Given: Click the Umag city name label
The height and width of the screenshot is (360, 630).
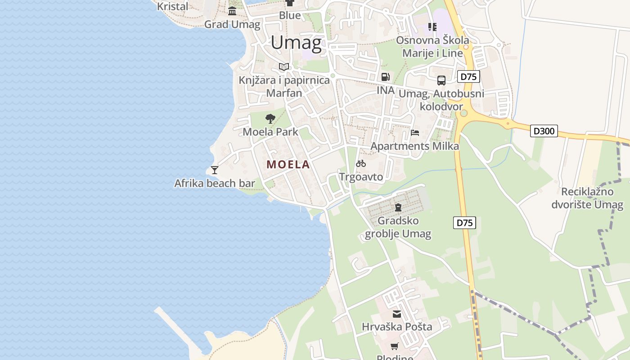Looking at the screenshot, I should click(x=296, y=43).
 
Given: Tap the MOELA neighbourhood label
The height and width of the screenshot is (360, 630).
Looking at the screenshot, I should click(x=288, y=164).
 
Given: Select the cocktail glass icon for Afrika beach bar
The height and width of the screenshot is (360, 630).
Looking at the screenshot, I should click(x=215, y=170).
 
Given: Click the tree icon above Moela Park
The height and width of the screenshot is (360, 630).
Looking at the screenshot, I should click(x=270, y=119).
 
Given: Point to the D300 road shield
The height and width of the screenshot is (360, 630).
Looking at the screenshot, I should click(x=544, y=131).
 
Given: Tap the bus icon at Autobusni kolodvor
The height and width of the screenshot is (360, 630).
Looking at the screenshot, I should click(x=441, y=81).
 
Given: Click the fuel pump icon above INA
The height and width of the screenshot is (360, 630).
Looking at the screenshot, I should click(x=385, y=77).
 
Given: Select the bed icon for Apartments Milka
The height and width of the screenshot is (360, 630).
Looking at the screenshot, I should click(x=414, y=133).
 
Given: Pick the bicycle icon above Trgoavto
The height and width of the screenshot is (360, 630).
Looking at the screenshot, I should click(x=361, y=163).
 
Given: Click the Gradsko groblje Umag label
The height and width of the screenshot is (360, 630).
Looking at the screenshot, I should click(x=398, y=227).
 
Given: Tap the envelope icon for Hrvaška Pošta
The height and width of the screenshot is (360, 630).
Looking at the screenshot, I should click(x=397, y=314).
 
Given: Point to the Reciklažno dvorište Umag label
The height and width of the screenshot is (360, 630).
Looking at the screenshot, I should click(x=588, y=198).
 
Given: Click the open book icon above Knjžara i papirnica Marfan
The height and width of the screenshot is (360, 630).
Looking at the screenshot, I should click(x=283, y=67).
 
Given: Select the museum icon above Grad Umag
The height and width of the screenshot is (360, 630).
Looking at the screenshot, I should click(x=232, y=11).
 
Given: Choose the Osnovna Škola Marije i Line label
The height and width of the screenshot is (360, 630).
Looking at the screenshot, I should click(x=432, y=46).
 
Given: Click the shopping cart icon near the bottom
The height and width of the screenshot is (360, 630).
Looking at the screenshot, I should click(x=395, y=346).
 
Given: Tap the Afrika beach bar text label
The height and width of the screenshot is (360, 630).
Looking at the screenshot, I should click(x=215, y=183).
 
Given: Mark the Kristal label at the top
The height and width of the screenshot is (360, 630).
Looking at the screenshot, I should click(x=172, y=6).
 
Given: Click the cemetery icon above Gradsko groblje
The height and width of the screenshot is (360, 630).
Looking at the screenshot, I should click(x=398, y=207).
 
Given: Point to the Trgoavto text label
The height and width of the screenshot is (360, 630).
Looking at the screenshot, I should click(x=361, y=177).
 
